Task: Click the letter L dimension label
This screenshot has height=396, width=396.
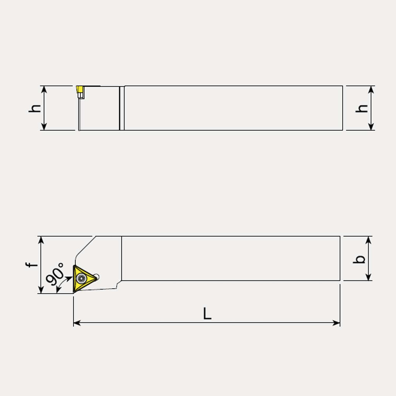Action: (207, 313)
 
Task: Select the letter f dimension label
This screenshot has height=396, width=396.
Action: (31, 265)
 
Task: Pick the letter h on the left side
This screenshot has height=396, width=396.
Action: (34, 108)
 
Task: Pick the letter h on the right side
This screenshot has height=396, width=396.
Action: (362, 108)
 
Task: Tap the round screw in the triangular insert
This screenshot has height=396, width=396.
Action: (82, 278)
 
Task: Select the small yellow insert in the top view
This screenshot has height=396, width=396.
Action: (80, 90)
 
